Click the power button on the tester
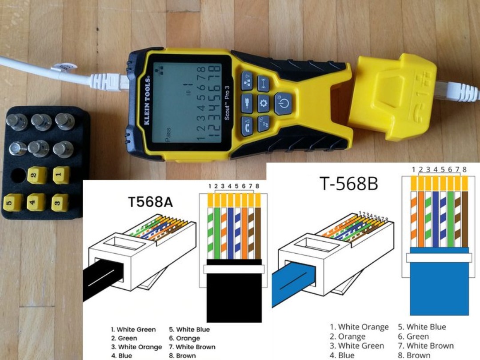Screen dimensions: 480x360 pyautogui.click(x=283, y=104)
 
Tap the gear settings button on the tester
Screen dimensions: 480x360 pyautogui.click(x=264, y=103)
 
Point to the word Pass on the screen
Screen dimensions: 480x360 pyautogui.click(x=168, y=135)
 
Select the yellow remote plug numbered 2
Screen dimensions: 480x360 pyautogui.click(x=37, y=176)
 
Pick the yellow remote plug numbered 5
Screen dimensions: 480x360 pyautogui.click(x=12, y=202)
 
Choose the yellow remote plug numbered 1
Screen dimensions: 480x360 pyautogui.click(x=61, y=175)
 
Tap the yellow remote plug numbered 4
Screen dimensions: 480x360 pyautogui.click(x=36, y=202)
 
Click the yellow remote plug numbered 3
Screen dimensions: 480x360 pyautogui.click(x=60, y=202)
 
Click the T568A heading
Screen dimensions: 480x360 pyautogui.click(x=150, y=202)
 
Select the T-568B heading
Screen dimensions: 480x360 pyautogui.click(x=349, y=184)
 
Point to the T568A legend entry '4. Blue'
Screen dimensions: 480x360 pyautogui.click(x=121, y=356)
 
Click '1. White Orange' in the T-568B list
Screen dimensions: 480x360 pyautogui.click(x=360, y=327)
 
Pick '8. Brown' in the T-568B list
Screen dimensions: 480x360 pyautogui.click(x=414, y=356)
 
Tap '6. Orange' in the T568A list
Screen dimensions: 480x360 pyautogui.click(x=184, y=338)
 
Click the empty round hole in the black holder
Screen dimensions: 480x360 pyautogui.click(x=18, y=175)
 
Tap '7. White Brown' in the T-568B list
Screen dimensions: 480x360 pyautogui.click(x=426, y=346)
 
